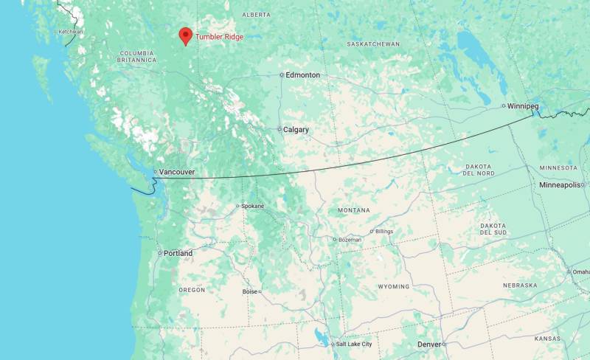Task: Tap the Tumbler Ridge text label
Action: [219, 37]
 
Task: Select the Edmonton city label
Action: [303, 75]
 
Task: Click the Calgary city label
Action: [296, 130]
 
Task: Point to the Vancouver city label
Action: [177, 172]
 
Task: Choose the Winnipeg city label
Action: [523, 106]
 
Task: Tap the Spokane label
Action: [252, 206]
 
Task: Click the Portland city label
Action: [178, 254]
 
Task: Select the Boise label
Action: [250, 291]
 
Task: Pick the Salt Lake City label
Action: [354, 345]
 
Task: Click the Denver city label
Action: [429, 345]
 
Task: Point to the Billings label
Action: [384, 232]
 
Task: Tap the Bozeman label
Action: [350, 239]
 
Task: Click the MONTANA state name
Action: [354, 210]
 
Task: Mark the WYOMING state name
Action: [393, 286]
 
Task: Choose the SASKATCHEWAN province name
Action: [373, 44]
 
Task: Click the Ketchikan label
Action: [71, 32]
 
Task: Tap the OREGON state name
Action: [192, 290]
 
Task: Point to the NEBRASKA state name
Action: [520, 285]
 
